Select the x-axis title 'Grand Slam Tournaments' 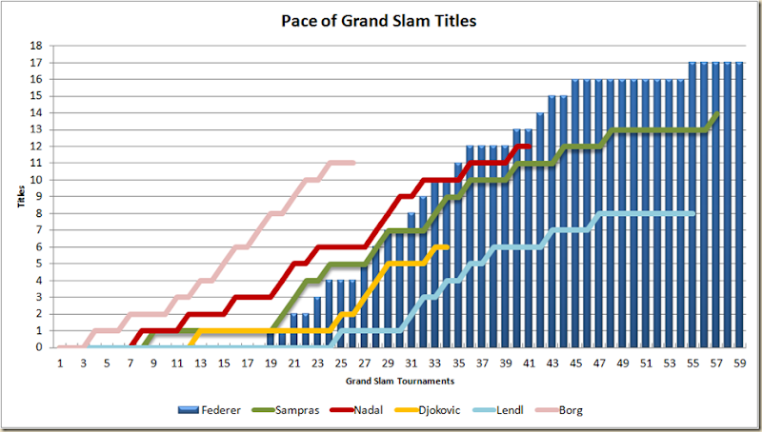tap(399, 381)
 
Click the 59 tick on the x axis tap(737, 363)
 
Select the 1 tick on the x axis tap(60, 363)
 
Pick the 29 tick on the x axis tap(387, 363)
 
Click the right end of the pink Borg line tap(352, 163)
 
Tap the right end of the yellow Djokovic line tap(446, 246)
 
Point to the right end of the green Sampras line tap(716, 113)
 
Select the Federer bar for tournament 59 tap(738, 205)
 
